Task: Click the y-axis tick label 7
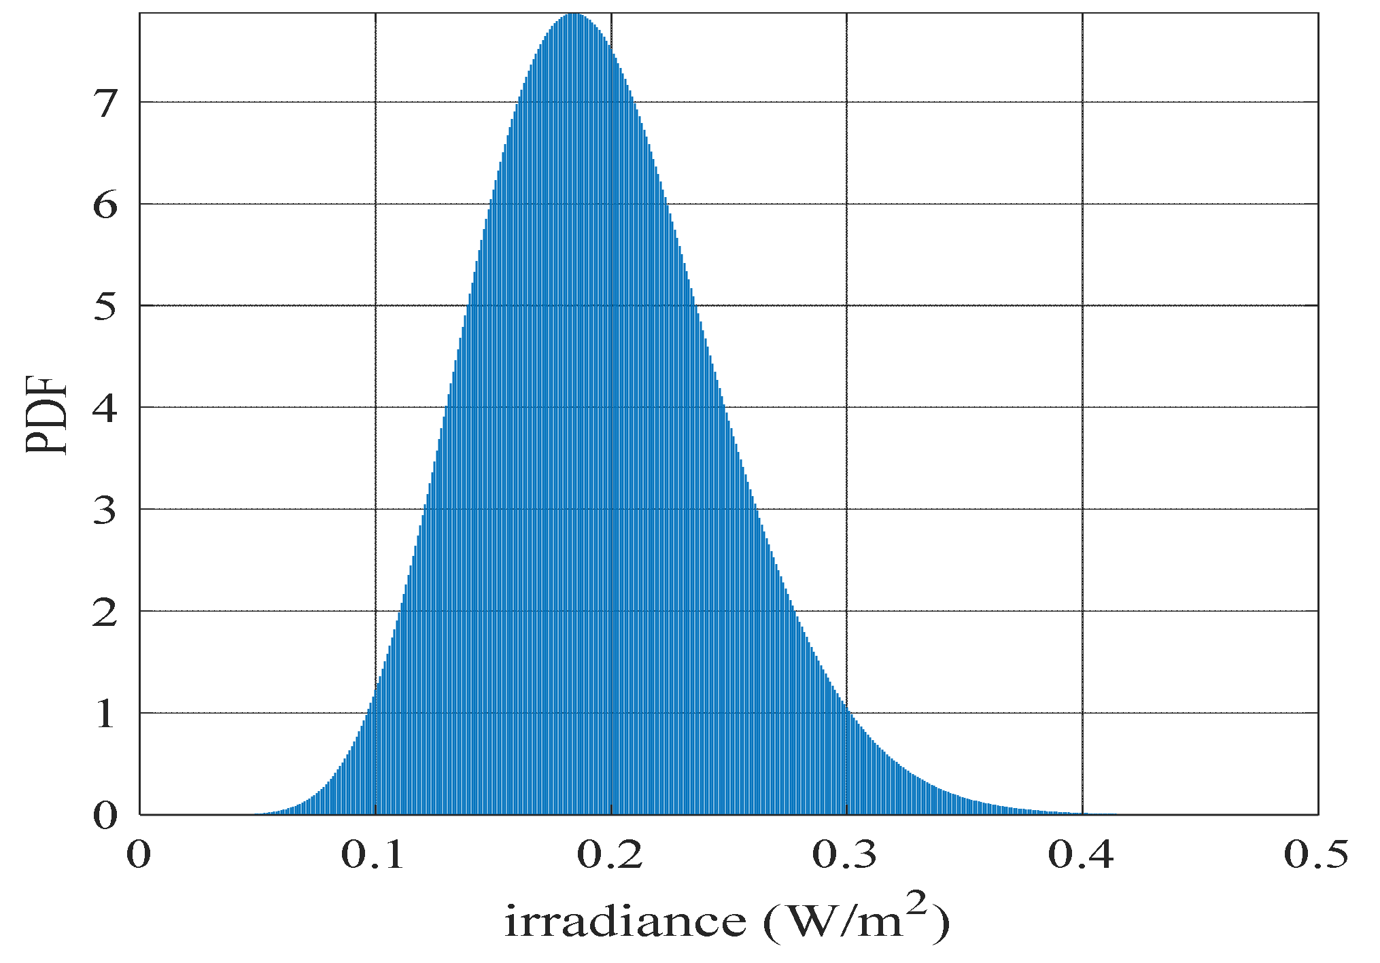(105, 104)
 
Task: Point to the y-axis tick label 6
(105, 205)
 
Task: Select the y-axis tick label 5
(105, 307)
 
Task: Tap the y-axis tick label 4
(105, 408)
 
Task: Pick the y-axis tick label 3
(105, 510)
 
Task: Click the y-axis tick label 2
(105, 612)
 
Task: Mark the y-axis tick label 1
(105, 714)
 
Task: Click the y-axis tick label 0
(105, 816)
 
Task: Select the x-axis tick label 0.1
(373, 855)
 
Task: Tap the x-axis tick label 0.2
(610, 855)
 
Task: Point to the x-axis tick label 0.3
(845, 855)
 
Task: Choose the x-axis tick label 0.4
(1081, 855)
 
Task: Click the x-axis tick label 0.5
(1316, 855)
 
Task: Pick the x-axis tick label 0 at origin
(139, 855)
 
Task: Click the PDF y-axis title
(48, 415)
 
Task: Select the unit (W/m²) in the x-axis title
(857, 921)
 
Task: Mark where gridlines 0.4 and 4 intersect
(1082, 407)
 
